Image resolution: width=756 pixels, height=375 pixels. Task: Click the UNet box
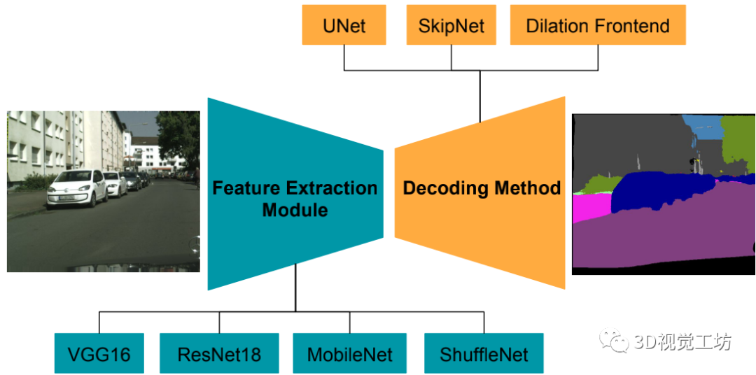(344, 26)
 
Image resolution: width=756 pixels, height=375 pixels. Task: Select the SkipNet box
(451, 26)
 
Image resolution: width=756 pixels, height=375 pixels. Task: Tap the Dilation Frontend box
(598, 26)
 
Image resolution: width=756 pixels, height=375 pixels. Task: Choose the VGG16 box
(99, 354)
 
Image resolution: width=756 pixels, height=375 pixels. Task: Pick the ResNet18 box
(219, 354)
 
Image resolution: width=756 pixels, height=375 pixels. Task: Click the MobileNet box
(350, 354)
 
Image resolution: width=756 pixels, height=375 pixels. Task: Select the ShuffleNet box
(484, 354)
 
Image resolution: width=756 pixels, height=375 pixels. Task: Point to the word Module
(295, 209)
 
